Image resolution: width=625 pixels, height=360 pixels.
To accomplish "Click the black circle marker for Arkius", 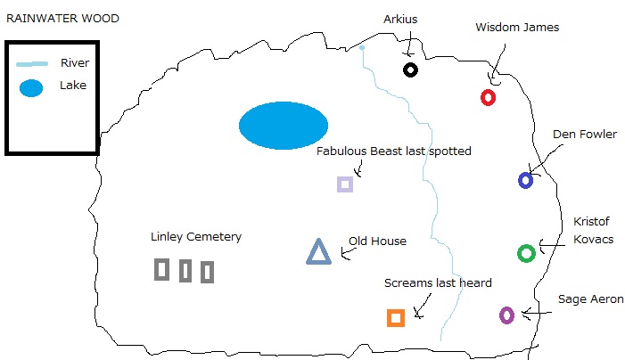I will [410, 70].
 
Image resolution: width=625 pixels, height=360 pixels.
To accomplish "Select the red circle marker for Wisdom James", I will [488, 97].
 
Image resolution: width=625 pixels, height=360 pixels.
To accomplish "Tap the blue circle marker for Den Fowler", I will [526, 180].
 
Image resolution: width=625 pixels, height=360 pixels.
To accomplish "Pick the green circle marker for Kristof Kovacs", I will [526, 253].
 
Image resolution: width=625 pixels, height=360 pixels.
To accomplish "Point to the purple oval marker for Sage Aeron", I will [506, 315].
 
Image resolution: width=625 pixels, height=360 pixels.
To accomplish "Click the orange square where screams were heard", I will [396, 317].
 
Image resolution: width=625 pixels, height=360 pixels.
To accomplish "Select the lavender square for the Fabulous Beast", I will [345, 184].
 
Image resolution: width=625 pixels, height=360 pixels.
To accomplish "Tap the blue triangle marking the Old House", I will [318, 253].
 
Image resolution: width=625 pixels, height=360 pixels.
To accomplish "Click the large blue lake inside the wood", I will [283, 125].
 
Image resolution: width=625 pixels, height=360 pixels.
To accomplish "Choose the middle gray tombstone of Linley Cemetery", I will [185, 271].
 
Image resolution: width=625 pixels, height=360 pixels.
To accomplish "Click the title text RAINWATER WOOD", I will [62, 18].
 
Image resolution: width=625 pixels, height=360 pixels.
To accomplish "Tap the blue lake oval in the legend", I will [31, 89].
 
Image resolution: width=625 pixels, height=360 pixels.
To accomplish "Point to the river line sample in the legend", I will [33, 63].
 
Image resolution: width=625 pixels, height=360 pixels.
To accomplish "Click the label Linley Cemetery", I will [196, 237].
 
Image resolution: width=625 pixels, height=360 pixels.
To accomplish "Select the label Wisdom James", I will [517, 28].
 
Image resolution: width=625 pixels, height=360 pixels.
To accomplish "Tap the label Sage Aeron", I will [590, 299].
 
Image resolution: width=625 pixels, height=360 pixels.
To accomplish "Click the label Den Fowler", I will [584, 135].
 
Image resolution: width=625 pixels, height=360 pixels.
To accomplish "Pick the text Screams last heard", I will [438, 283].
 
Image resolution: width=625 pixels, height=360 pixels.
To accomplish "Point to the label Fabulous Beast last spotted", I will [394, 151].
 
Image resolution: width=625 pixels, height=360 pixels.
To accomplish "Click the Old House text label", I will [377, 241].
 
